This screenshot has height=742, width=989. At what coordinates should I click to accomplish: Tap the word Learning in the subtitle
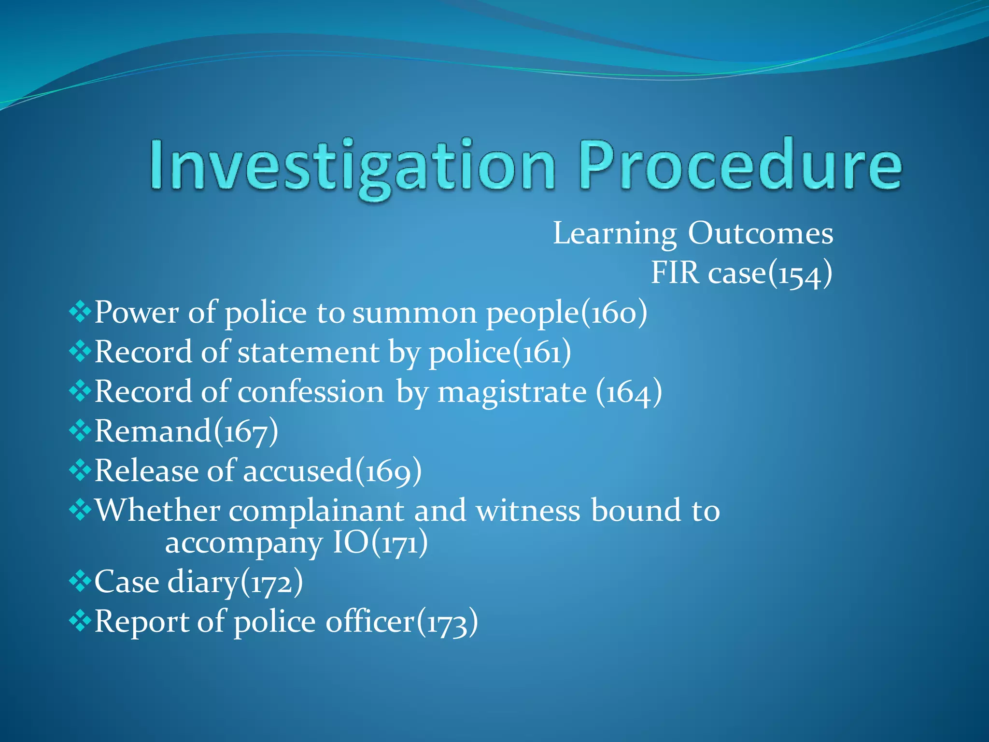click(x=614, y=234)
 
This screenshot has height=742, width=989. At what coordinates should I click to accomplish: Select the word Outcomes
click(x=760, y=234)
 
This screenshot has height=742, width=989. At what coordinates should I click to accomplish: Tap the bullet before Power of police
click(x=80, y=312)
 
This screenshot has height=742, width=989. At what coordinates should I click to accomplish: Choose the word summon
click(x=415, y=313)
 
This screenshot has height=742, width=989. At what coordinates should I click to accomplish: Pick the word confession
click(x=311, y=391)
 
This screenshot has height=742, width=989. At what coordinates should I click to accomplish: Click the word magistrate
click(x=512, y=392)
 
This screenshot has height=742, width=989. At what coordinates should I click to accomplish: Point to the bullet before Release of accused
click(x=80, y=470)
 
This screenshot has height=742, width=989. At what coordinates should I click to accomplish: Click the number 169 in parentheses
click(x=388, y=472)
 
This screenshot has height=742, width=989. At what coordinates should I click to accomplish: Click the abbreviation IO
click(x=351, y=543)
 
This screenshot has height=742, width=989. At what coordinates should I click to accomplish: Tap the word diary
click(x=203, y=582)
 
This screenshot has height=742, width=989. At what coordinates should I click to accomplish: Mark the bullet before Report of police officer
click(x=80, y=621)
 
